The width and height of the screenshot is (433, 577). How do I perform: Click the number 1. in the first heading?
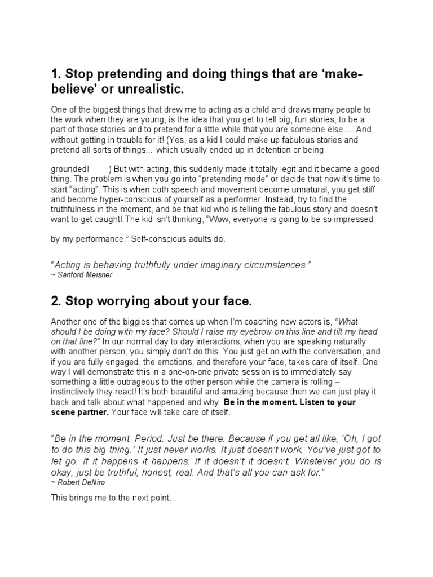(55, 74)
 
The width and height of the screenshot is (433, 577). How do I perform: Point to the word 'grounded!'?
(70, 169)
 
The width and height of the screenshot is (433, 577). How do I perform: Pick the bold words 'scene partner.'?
(79, 411)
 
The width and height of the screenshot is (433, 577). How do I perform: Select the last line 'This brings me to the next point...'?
(114, 498)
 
